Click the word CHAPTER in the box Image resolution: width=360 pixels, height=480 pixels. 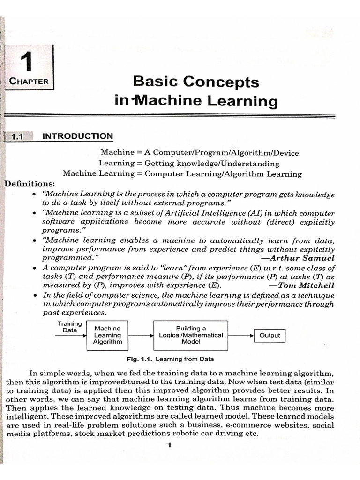coord(29,82)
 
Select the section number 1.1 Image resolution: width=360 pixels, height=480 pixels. coord(18,137)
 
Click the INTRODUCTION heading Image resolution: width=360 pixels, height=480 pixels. coord(78,136)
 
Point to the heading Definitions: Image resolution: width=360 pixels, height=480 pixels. coord(29,183)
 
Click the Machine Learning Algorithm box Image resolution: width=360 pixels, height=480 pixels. coord(107,335)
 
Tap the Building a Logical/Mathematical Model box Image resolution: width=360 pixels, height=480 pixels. coord(191,335)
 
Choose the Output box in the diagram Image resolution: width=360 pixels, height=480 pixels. coord(270,335)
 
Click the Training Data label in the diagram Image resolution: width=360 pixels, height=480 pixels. coord(69,327)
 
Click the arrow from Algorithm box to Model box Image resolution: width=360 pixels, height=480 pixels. coord(141,336)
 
